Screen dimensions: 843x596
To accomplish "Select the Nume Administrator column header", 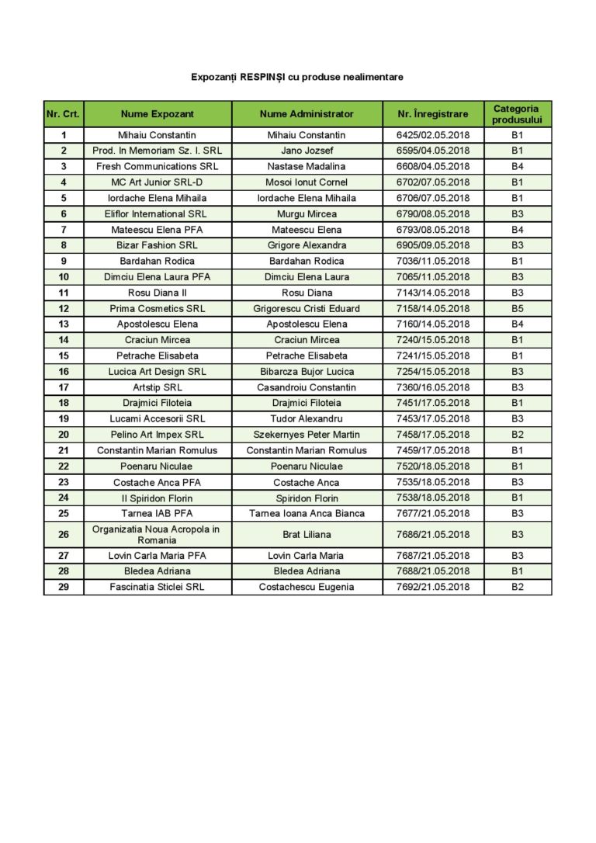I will [307, 114].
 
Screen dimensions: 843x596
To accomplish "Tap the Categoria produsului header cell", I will [517, 114].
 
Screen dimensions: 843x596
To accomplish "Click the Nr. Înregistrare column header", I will [432, 114].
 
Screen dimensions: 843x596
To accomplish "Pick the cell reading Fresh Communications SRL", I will [157, 166].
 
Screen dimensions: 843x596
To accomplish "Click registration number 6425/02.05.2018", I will [432, 135].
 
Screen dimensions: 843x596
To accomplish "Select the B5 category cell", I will [517, 308].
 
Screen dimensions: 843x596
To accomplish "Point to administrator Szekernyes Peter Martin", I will [307, 435].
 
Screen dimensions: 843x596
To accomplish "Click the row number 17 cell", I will [64, 387].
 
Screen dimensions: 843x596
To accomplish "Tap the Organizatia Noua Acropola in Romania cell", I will [157, 534].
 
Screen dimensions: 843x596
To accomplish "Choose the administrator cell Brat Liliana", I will [307, 534].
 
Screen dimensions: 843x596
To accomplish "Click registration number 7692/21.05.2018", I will [432, 587].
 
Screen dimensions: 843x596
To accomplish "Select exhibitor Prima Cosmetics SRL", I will [157, 308].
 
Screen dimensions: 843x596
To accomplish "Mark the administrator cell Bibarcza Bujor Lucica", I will [307, 372].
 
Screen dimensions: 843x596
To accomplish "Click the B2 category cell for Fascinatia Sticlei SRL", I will [517, 587].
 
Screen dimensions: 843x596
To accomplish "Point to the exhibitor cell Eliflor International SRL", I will [157, 213].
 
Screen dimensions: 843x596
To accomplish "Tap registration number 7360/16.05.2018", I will [432, 387].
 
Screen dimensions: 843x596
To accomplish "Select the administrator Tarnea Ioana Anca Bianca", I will [307, 513].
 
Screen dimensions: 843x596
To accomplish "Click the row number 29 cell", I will [64, 587].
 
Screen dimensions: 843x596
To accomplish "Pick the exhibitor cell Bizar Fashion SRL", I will [157, 245].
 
